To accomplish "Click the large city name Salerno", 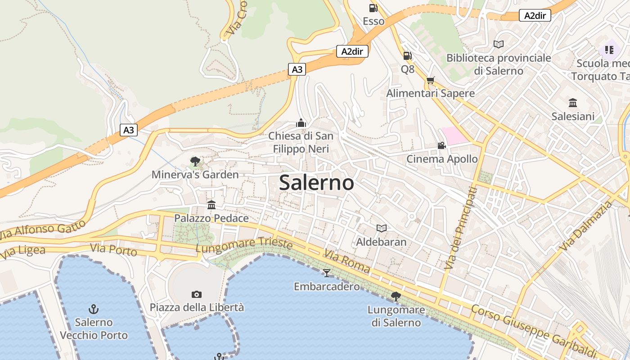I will tap(316, 183).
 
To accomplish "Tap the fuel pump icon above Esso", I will tap(373, 8).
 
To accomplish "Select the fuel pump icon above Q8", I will tap(407, 56).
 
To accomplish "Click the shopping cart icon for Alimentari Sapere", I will tap(431, 81).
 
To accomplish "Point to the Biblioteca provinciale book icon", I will tap(498, 44).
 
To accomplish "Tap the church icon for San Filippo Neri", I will tap(301, 122).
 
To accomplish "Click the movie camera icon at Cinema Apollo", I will tap(441, 145).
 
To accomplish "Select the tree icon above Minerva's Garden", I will tap(195, 161).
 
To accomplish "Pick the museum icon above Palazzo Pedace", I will tap(211, 205).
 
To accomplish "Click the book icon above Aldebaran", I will tap(381, 228).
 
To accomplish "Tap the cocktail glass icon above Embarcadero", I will tap(327, 273).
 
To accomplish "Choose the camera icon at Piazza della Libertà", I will tap(197, 294).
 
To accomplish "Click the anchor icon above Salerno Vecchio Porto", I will tap(94, 309).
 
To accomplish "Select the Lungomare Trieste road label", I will tap(244, 244).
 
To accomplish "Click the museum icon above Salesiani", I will tap(573, 103).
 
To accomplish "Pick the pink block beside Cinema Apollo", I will tap(454, 135).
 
